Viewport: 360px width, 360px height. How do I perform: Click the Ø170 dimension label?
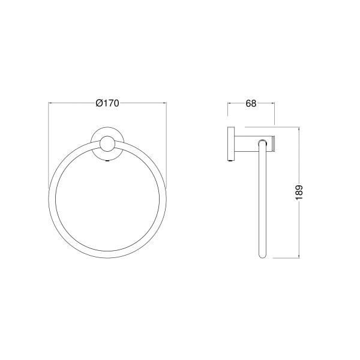point(107,103)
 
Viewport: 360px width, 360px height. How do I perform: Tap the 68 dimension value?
point(251,104)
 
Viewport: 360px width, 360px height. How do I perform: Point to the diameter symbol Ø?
point(99,103)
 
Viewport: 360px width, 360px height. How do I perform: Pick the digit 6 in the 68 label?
point(248,104)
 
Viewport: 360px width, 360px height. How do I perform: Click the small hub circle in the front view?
point(107,143)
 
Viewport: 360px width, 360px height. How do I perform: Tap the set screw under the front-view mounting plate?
point(107,161)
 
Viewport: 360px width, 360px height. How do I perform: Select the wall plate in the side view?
point(231,143)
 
